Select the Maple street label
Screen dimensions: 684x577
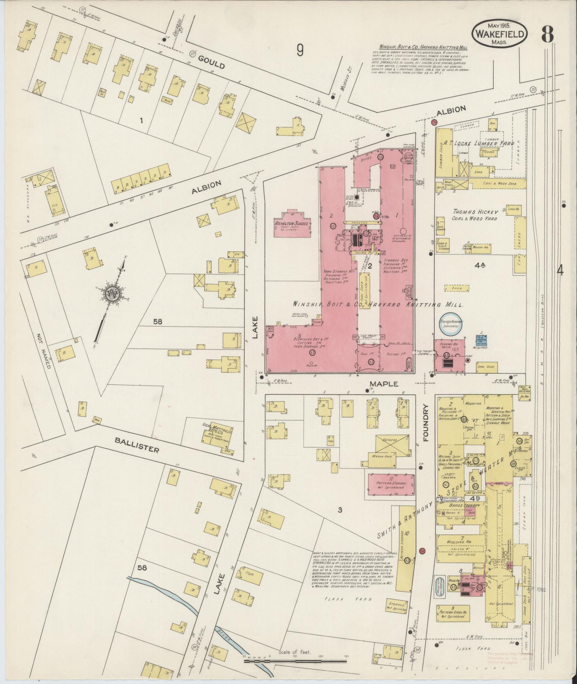tap(384, 384)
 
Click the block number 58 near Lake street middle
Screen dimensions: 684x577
tap(157, 321)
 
